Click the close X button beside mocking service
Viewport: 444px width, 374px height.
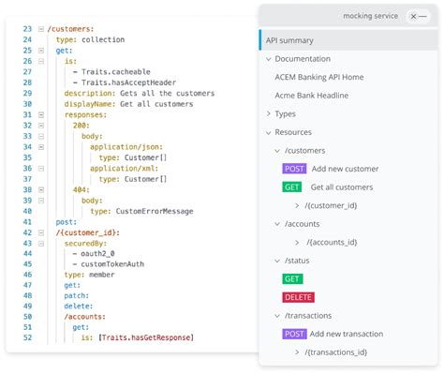coord(413,16)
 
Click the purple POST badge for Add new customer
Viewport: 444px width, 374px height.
coord(294,169)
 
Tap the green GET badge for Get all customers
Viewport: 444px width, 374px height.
coord(292,187)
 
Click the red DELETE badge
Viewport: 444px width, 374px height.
coord(298,297)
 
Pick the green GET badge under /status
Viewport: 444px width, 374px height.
coord(292,278)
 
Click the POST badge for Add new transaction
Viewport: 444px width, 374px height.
coord(294,334)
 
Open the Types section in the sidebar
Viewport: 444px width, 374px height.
coord(285,114)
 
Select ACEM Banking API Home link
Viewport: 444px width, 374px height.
coord(319,77)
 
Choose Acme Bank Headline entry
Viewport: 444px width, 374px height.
coord(312,96)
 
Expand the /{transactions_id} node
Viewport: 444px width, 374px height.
coord(297,352)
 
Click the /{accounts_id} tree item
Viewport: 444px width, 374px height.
coord(332,242)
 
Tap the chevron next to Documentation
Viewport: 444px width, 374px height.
coord(268,59)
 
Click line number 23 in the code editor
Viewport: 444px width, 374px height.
coord(27,29)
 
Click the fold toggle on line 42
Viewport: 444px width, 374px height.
coord(41,232)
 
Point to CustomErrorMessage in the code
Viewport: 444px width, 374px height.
coord(155,211)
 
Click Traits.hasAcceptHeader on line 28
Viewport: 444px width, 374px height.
coord(128,82)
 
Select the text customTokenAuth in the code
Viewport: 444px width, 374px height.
coord(112,264)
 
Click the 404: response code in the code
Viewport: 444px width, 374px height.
coord(81,189)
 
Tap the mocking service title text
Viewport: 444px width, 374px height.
coord(371,16)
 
